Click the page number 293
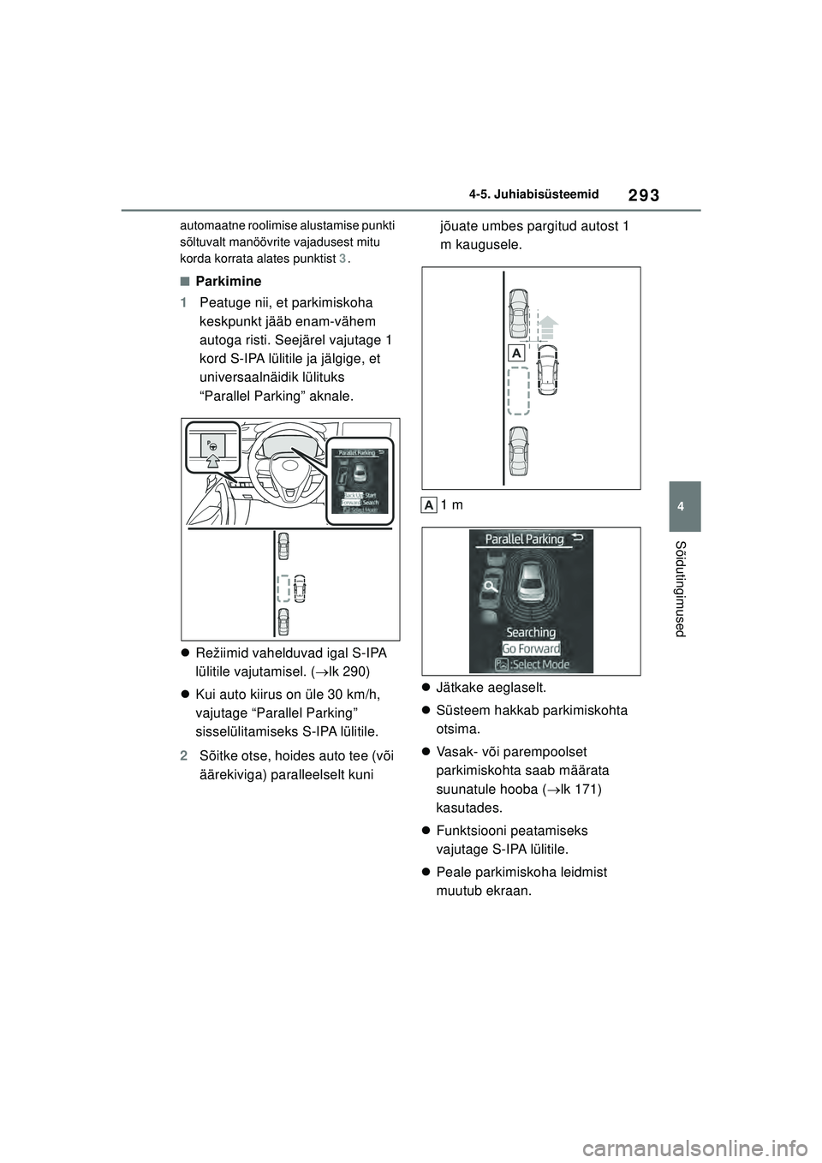tap(646, 195)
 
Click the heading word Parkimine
tap(228, 281)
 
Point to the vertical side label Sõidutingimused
tap(682, 588)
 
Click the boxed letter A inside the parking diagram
tap(516, 354)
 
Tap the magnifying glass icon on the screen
tap(491, 587)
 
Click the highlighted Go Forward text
tap(531, 648)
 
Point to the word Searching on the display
tap(531, 632)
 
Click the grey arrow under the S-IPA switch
tap(212, 464)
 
